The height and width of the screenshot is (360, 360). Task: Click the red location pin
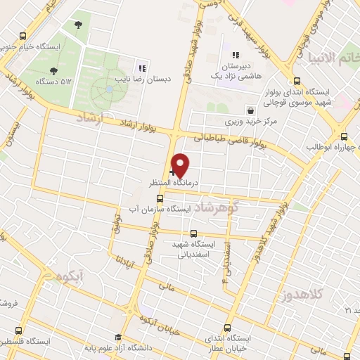click(181, 165)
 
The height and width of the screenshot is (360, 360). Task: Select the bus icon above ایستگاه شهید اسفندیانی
click(193, 233)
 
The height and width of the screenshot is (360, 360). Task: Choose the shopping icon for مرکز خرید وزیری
click(251, 110)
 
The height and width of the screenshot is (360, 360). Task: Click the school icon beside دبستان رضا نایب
click(142, 68)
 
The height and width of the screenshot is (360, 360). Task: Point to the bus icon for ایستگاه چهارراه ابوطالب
click(344, 136)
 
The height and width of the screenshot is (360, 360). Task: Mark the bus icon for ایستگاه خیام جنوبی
click(23, 36)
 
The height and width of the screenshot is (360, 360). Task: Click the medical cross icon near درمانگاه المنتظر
click(172, 172)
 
